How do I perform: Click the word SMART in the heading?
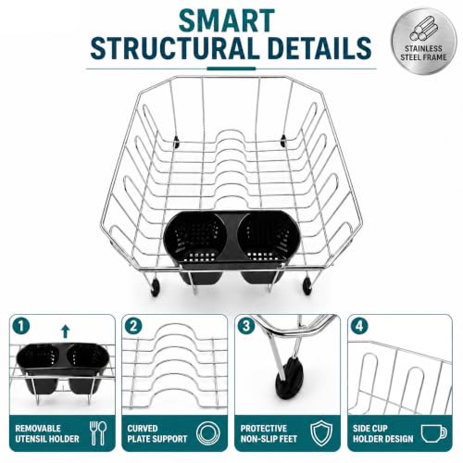click(227, 21)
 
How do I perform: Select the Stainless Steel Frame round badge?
click(423, 41)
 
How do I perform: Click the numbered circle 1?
click(21, 326)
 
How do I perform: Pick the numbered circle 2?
click(133, 326)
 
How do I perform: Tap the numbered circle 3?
click(246, 326)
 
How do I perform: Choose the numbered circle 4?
click(359, 326)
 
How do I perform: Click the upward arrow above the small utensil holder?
click(66, 332)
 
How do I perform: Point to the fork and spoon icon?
click(98, 433)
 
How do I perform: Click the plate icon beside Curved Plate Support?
click(208, 433)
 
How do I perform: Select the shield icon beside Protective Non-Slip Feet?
click(321, 433)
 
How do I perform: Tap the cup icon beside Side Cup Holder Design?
click(434, 433)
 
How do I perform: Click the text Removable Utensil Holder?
click(47, 433)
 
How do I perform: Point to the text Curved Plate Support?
click(157, 433)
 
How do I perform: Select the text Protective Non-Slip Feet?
click(269, 433)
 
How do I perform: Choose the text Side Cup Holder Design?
click(383, 433)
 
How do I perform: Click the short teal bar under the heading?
click(231, 69)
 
